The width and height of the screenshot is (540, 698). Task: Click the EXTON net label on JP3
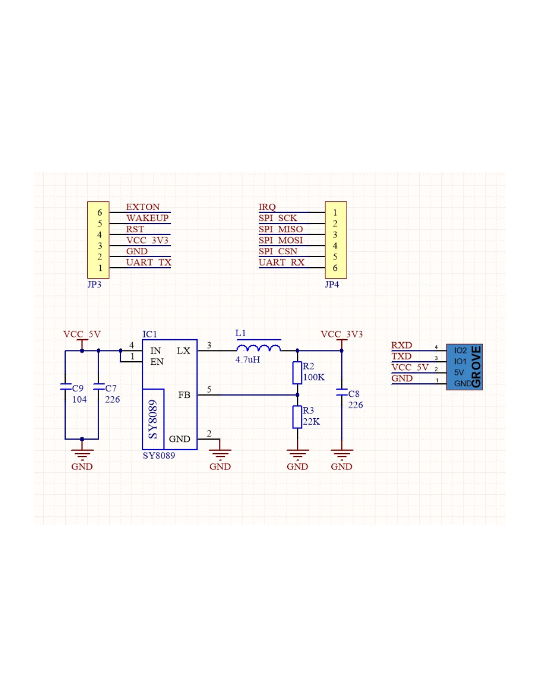click(142, 207)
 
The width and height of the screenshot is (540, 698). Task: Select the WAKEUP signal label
click(147, 218)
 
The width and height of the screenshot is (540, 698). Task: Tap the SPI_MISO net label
click(280, 229)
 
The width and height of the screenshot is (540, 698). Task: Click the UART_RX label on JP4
click(281, 262)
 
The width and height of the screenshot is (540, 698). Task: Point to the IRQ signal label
click(267, 207)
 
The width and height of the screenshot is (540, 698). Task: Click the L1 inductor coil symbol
click(258, 348)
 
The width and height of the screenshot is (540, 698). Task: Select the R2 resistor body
click(297, 373)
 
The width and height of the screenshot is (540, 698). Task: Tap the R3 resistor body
click(297, 417)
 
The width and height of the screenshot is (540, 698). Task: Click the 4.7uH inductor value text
click(247, 360)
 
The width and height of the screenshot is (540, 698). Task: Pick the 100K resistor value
click(314, 377)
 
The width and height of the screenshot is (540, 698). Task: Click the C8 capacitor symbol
click(342, 393)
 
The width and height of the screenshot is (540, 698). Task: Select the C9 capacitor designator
click(78, 388)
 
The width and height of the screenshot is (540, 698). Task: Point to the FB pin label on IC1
click(184, 395)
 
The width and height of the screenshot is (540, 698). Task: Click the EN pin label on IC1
click(157, 362)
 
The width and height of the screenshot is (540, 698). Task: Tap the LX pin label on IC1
click(183, 351)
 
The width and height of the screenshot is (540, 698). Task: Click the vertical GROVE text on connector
click(476, 367)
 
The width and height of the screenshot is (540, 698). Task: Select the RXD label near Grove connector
click(401, 346)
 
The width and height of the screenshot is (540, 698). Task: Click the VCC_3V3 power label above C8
click(342, 334)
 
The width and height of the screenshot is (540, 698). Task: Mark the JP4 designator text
click(332, 285)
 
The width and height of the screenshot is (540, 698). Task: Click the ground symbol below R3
click(297, 455)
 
